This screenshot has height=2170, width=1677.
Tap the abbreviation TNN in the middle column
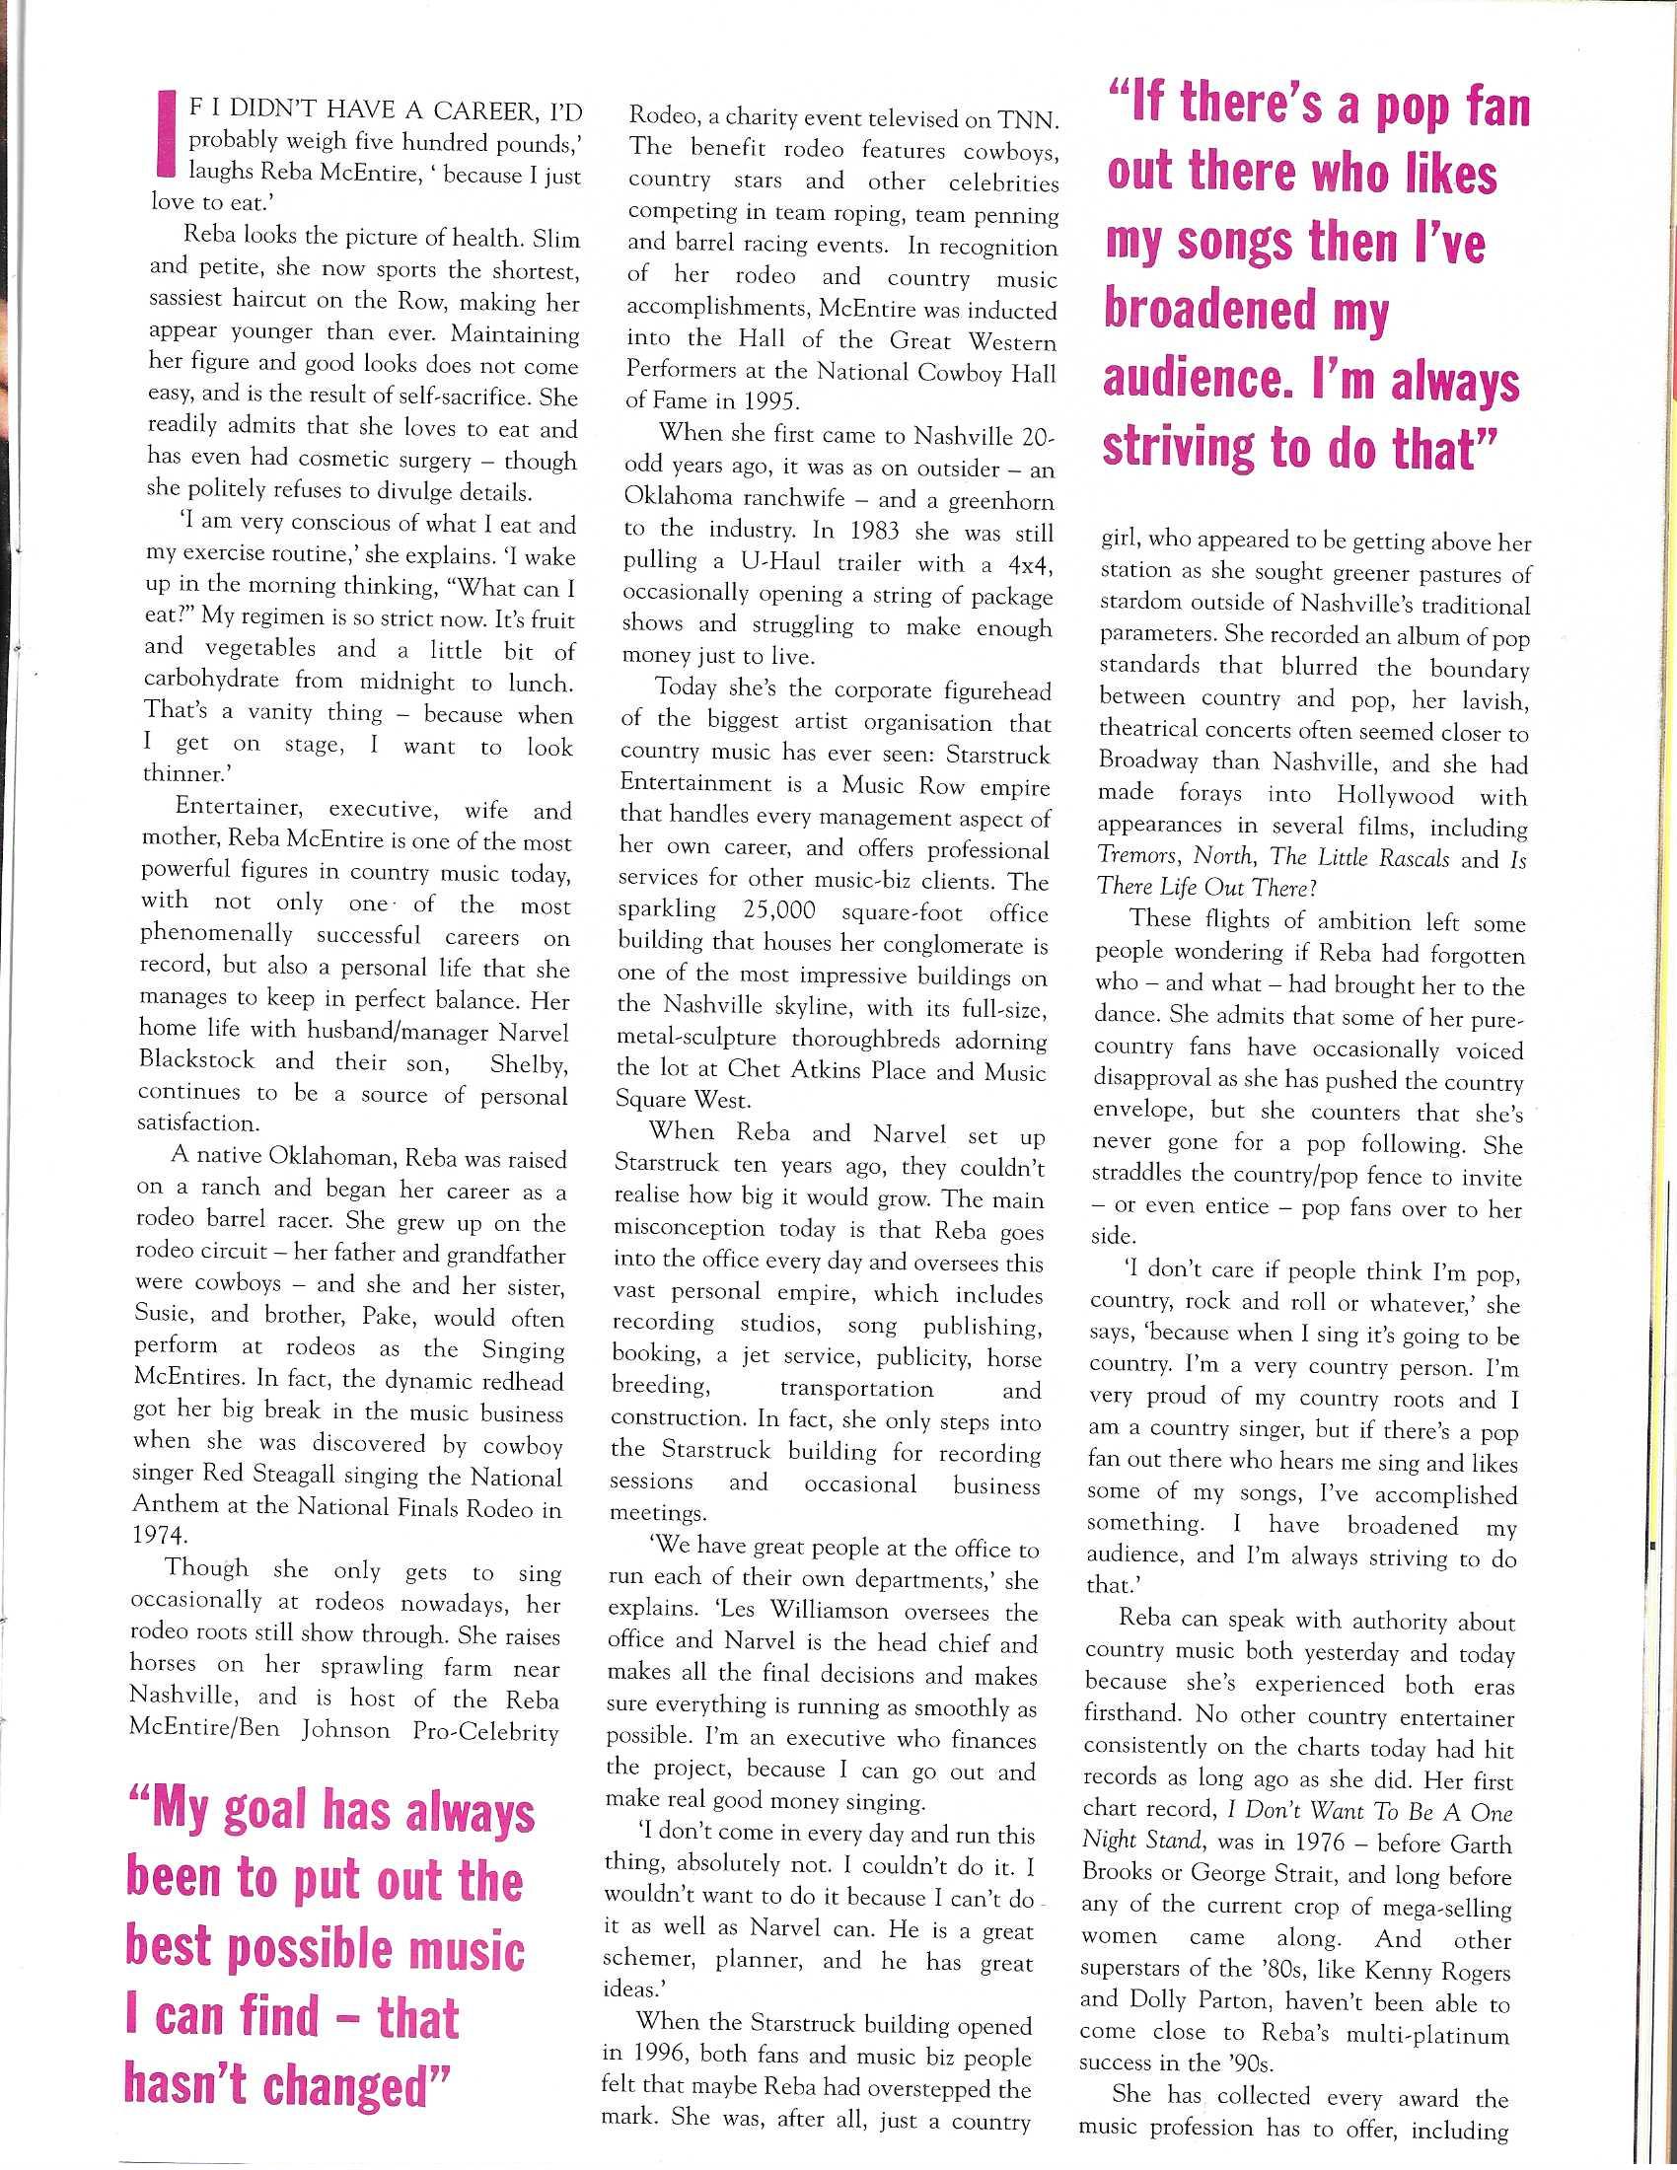(x=1030, y=120)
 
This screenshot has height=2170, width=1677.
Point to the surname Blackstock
(x=196, y=1060)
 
